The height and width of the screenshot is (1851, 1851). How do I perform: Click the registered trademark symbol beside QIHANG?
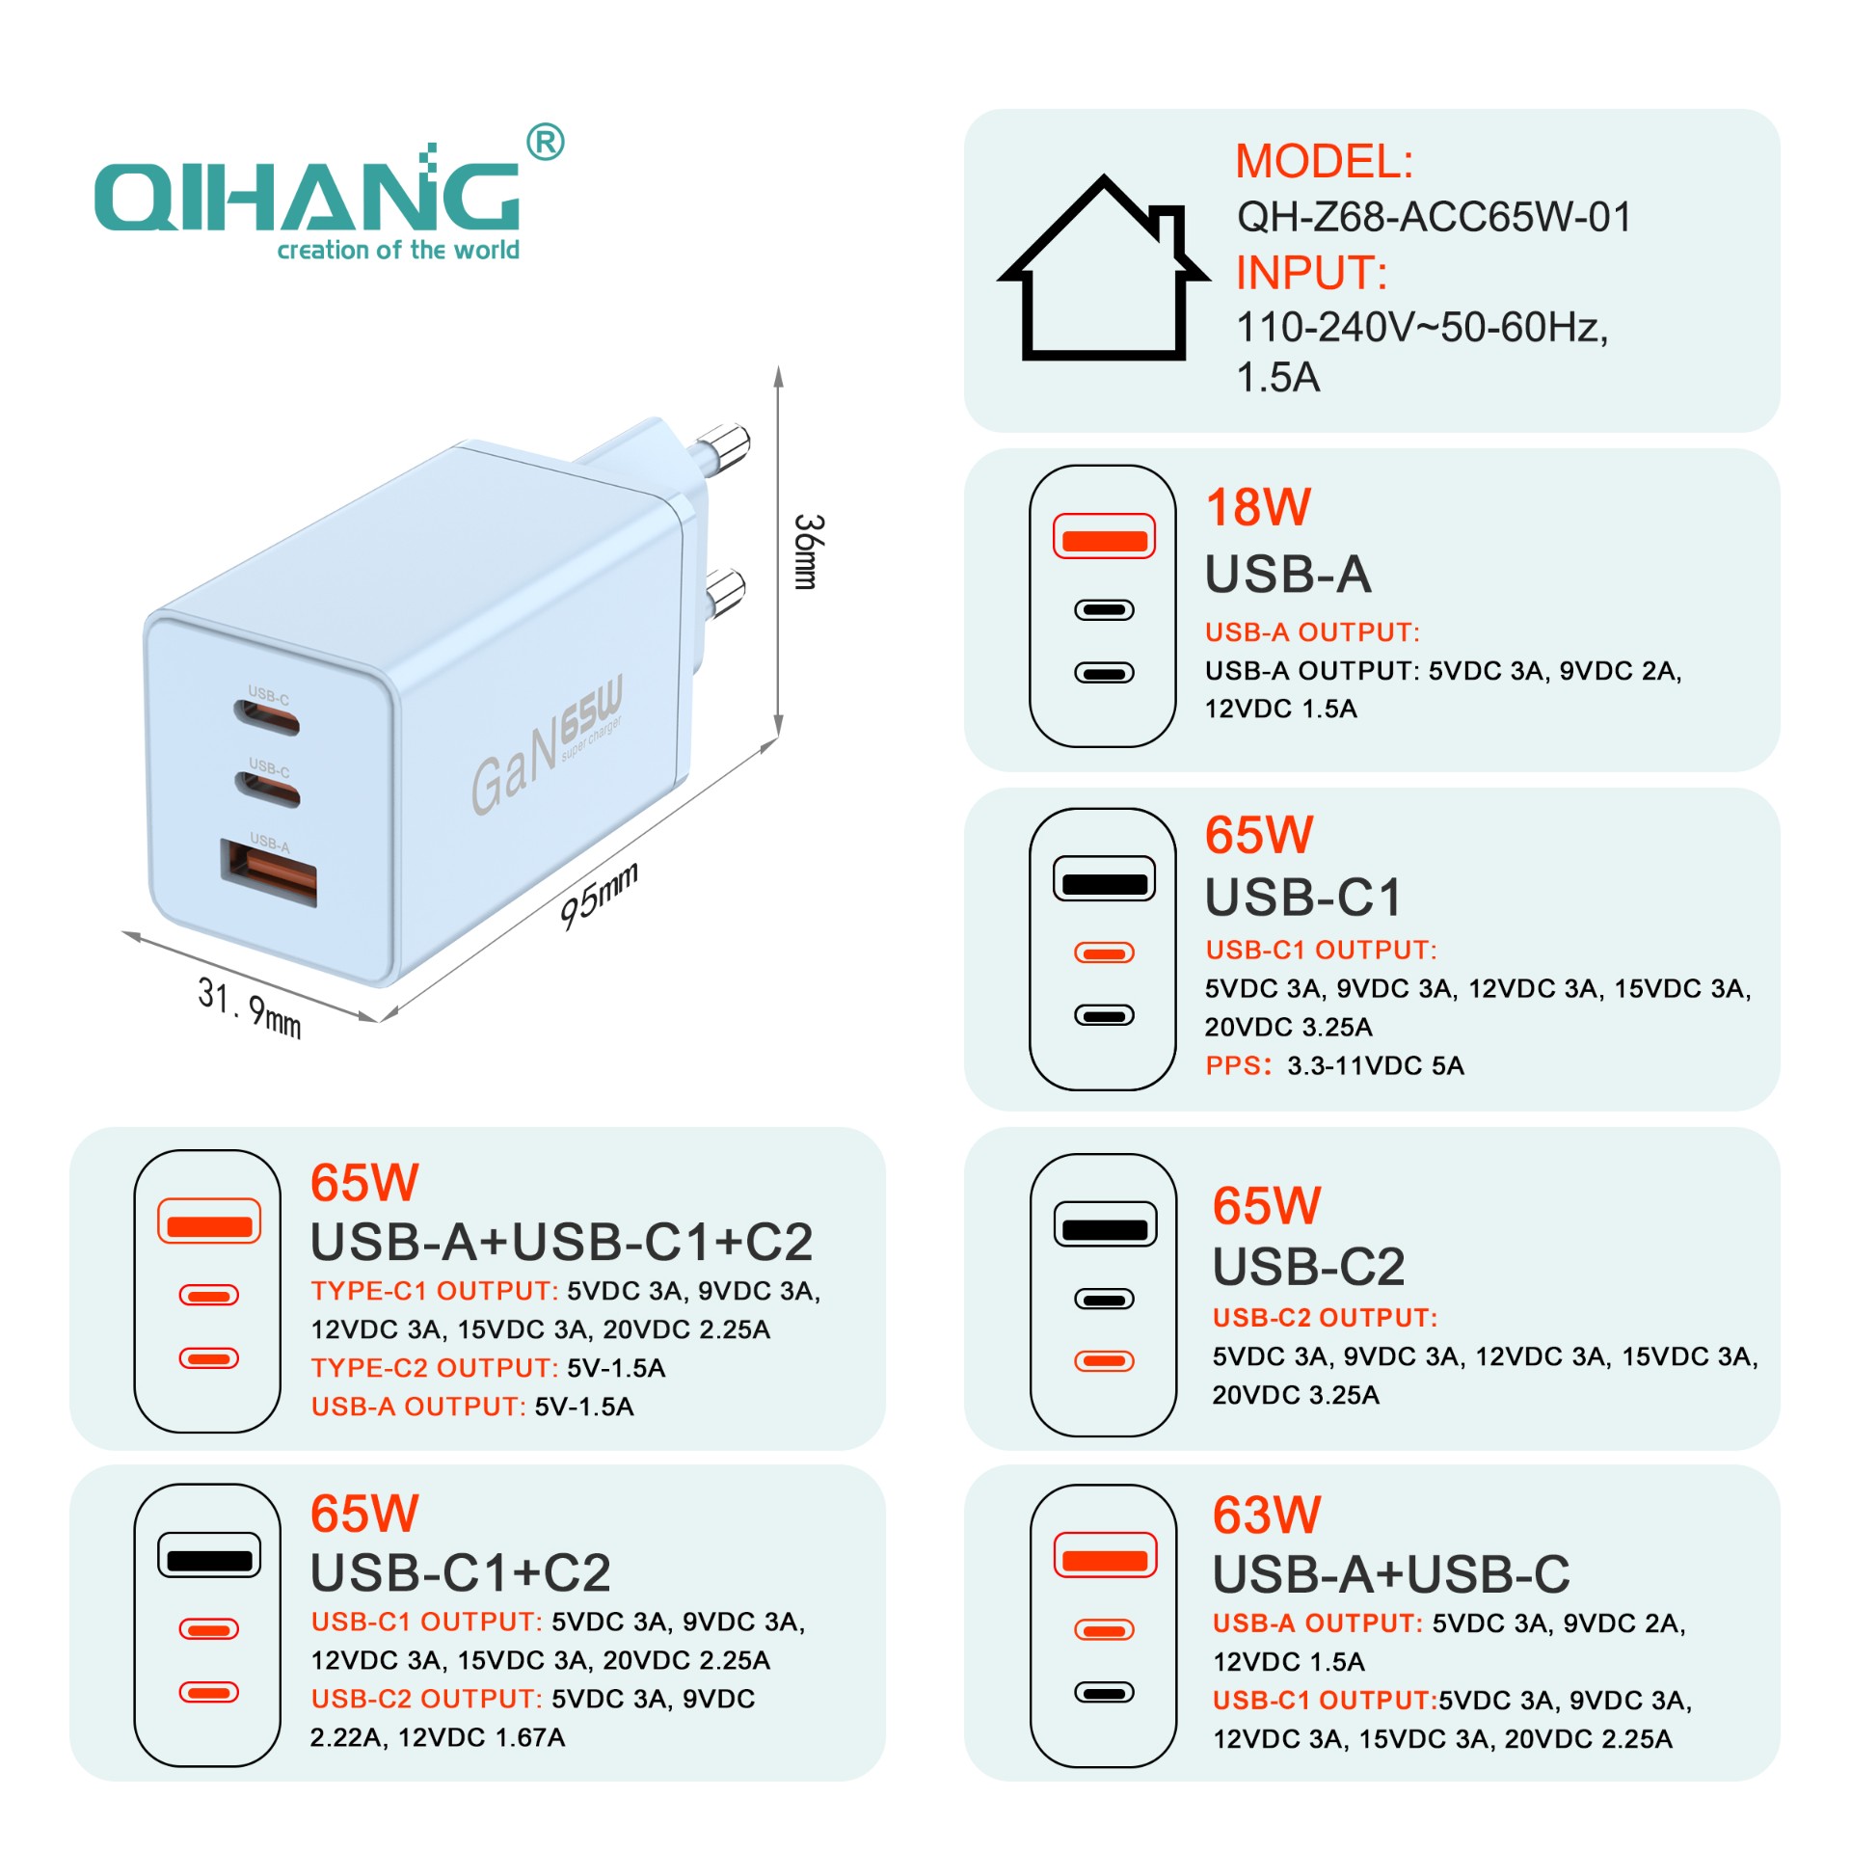[546, 143]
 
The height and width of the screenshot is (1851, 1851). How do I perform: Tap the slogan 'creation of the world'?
[398, 250]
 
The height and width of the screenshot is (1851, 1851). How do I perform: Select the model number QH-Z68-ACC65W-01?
[1434, 217]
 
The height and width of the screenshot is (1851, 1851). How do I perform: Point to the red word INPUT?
[1312, 273]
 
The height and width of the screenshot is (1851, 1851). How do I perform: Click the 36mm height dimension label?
[808, 551]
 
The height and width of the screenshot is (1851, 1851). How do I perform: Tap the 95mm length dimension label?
[600, 897]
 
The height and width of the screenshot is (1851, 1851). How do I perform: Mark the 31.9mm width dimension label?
[250, 1007]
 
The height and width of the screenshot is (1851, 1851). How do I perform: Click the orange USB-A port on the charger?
[269, 872]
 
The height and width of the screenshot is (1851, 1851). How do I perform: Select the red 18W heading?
[1259, 507]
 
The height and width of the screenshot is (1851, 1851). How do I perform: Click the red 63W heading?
[1267, 1516]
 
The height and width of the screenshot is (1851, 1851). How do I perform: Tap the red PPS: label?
[1239, 1065]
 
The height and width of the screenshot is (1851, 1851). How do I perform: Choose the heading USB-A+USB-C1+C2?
[562, 1242]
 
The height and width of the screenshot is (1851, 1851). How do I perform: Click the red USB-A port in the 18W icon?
[1104, 538]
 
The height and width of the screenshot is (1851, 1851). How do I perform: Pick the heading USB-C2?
[1309, 1266]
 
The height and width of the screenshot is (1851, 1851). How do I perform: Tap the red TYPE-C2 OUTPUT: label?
[435, 1368]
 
